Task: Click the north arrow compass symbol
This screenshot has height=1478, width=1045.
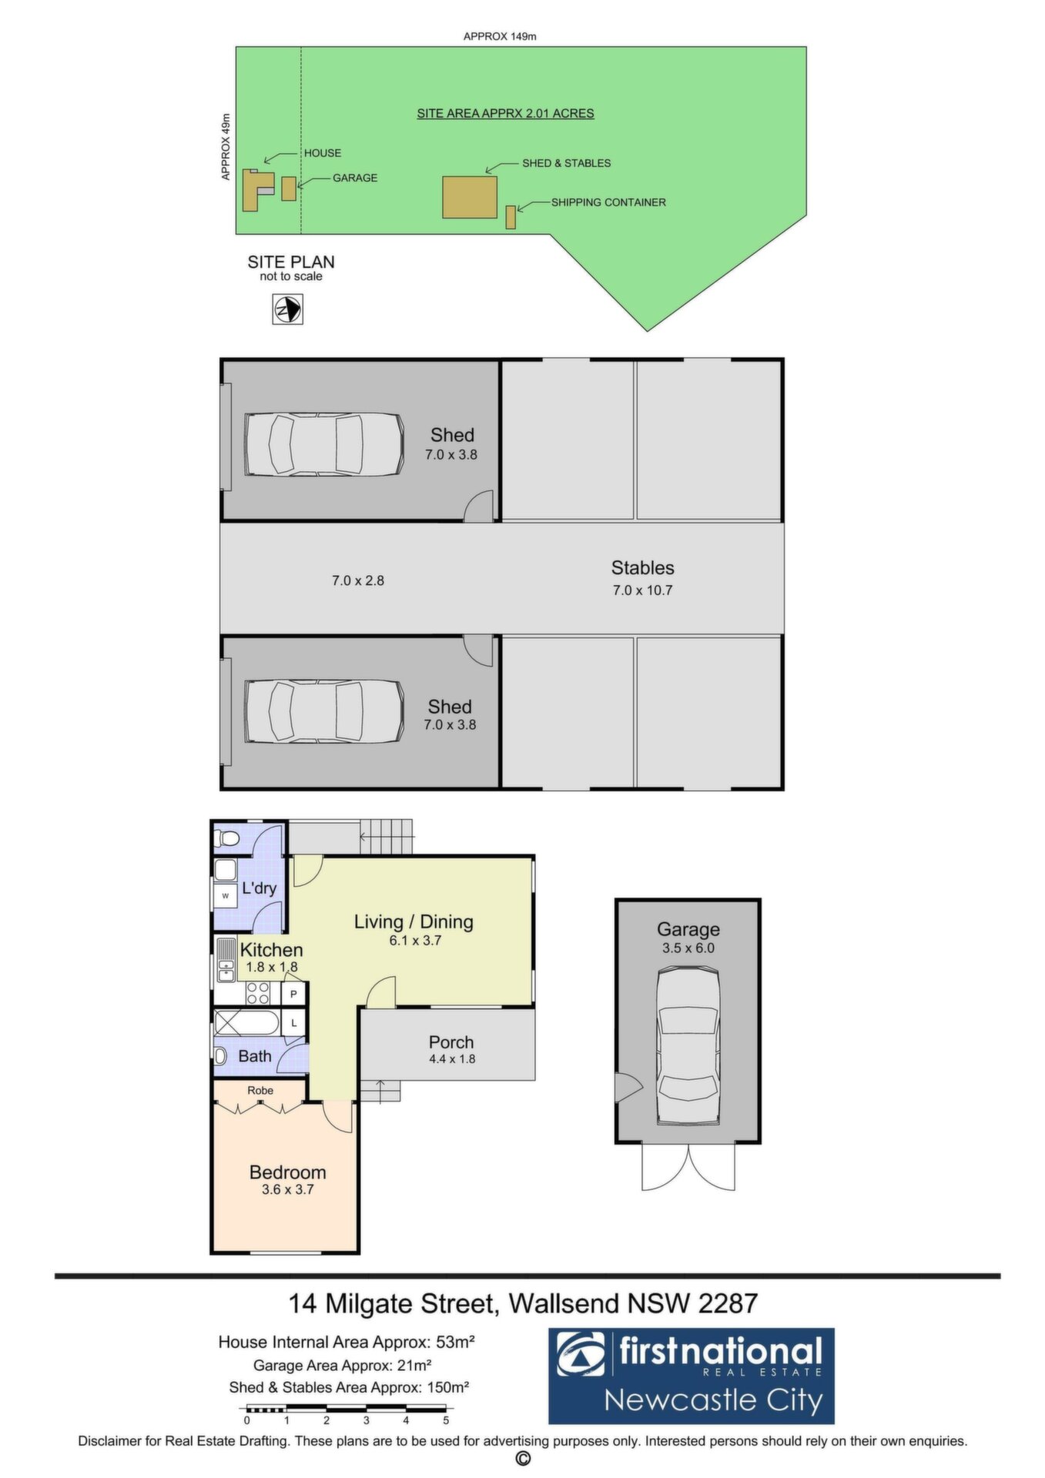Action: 288,310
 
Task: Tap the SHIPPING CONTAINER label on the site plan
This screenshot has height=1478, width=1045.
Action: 608,202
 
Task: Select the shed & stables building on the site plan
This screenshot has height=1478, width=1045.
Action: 470,197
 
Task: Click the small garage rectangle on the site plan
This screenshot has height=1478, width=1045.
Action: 289,189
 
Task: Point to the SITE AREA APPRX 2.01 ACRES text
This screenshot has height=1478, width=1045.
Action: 505,114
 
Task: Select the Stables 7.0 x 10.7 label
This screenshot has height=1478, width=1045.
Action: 643,578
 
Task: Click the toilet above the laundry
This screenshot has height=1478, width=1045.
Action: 228,838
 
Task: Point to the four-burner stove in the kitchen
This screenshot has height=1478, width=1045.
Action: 258,993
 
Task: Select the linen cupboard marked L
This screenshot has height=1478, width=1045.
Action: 294,1023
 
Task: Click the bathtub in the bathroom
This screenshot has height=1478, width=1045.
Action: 246,1023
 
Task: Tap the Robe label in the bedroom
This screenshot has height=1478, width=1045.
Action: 261,1091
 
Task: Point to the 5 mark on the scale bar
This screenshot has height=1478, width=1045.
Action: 446,1420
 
